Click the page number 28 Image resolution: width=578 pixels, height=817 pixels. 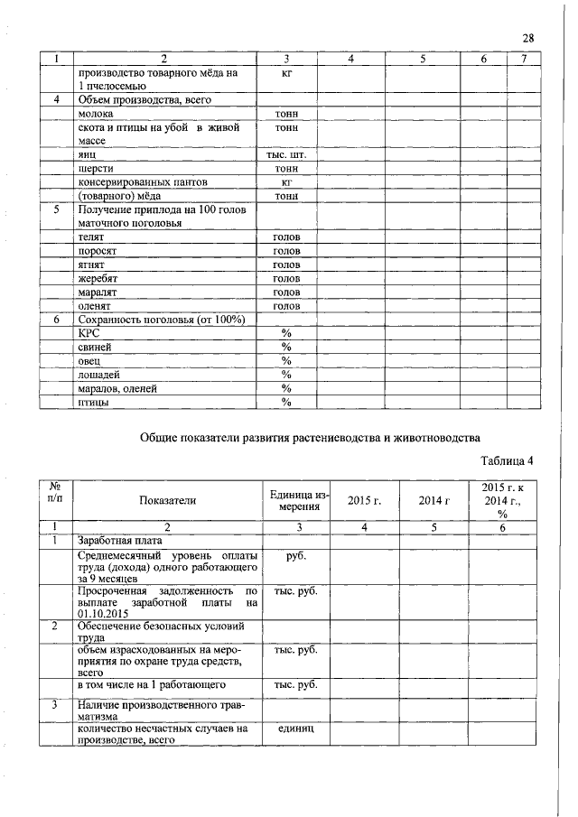[x=528, y=37]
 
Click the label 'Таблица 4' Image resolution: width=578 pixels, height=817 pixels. [x=507, y=461]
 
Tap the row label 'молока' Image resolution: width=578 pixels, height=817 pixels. [x=96, y=115]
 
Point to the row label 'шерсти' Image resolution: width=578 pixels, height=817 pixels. [x=97, y=168]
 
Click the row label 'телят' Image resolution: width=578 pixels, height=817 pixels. [x=93, y=237]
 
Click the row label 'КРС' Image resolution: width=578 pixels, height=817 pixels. [x=89, y=333]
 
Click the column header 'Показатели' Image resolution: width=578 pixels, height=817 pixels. [x=167, y=499]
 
